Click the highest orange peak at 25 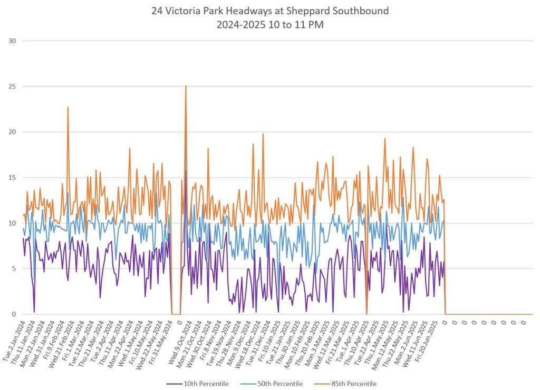[x=186, y=86]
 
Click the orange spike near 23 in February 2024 [x=68, y=108]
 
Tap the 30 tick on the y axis [x=12, y=41]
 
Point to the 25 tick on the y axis [x=12, y=86]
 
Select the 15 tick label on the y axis [x=12, y=178]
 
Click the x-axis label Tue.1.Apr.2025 [x=351, y=339]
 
